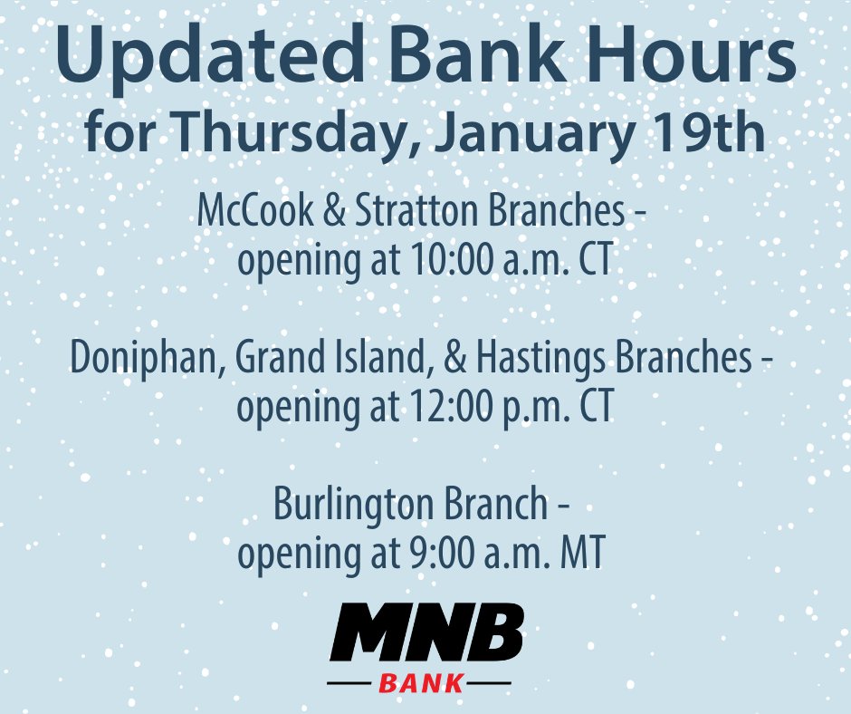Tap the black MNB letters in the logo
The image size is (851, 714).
point(425,632)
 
